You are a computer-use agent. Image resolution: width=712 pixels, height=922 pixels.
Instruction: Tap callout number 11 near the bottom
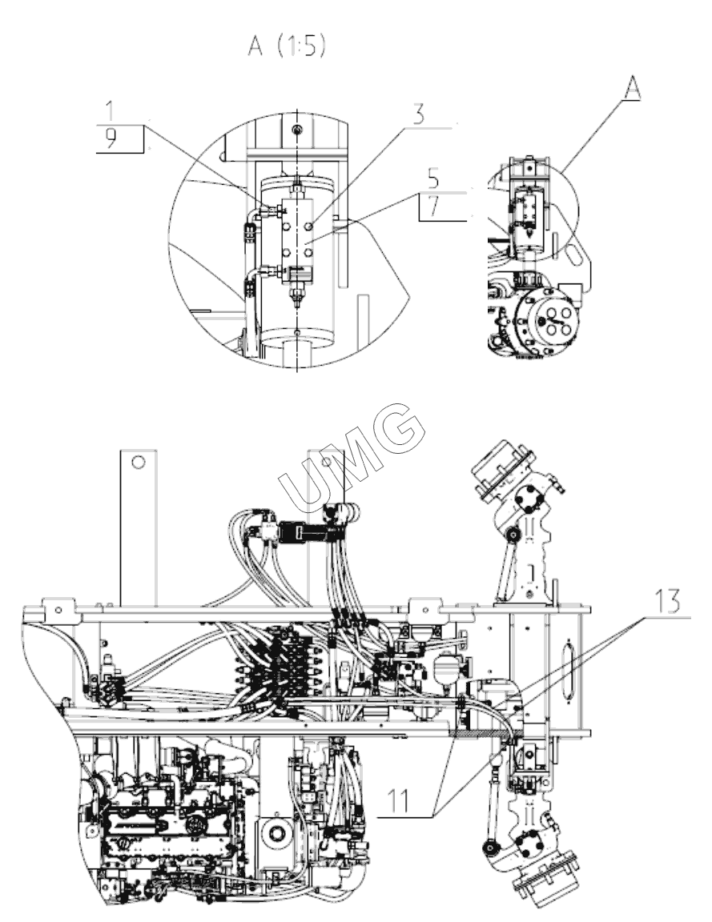(398, 801)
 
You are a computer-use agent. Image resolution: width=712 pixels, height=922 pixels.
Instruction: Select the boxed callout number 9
(111, 138)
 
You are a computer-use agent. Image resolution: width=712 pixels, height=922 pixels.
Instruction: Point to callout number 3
(418, 114)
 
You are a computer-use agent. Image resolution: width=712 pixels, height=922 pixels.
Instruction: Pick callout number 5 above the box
(433, 178)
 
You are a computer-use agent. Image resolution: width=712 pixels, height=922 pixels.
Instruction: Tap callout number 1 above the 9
(111, 111)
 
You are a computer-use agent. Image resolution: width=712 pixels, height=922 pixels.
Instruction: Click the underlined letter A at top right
(631, 89)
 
